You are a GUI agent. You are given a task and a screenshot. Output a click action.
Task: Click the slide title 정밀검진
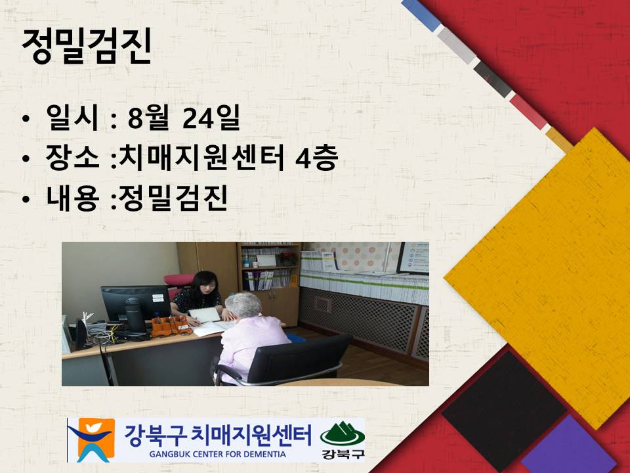point(87,46)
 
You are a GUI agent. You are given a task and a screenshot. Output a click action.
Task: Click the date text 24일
point(211,117)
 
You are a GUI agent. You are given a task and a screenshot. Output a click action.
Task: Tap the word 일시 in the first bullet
point(72,117)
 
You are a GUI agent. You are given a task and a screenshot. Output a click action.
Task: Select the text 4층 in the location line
point(316,157)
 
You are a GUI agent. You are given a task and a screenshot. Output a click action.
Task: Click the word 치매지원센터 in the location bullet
point(202,157)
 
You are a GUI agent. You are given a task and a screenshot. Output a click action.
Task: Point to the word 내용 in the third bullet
point(72,198)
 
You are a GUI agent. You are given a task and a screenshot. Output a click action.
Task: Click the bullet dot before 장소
point(26,159)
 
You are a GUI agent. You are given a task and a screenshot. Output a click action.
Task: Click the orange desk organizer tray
point(171,326)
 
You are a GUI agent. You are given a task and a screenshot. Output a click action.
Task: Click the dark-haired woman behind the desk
point(198,297)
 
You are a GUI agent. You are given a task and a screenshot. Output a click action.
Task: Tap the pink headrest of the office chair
point(178,280)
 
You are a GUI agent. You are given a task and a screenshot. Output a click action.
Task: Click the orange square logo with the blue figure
point(92,439)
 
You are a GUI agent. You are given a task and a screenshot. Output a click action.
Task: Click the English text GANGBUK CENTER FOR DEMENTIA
point(217,455)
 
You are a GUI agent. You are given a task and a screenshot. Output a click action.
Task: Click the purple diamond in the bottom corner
point(570,447)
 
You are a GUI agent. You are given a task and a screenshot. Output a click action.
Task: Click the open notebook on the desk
point(205,321)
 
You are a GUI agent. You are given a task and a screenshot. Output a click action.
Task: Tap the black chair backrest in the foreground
point(299,358)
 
